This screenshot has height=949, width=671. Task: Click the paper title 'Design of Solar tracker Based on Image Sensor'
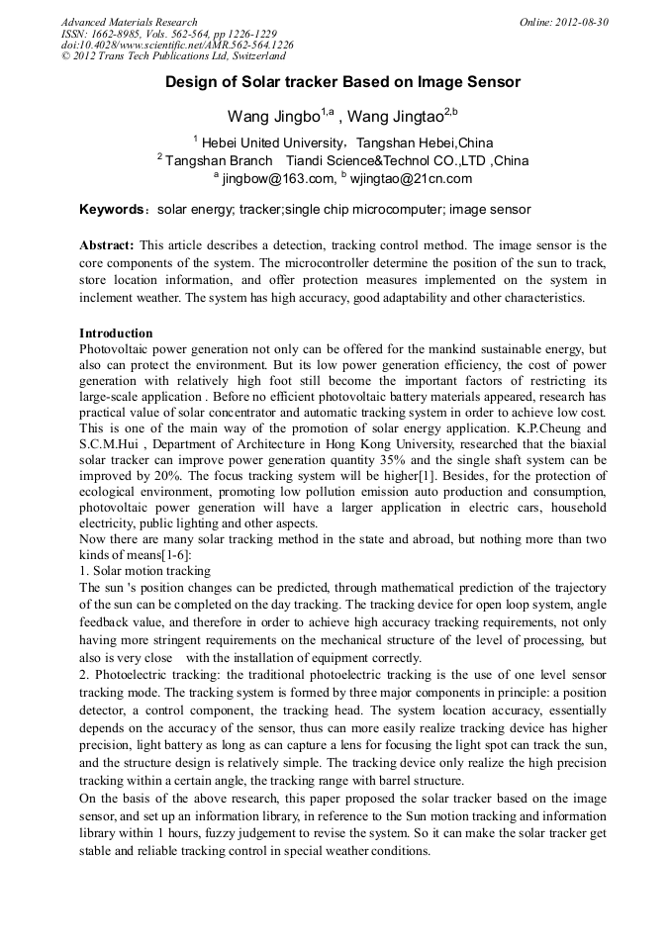point(342,82)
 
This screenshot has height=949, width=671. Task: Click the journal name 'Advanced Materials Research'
point(129,22)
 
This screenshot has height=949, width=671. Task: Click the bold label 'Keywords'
point(112,210)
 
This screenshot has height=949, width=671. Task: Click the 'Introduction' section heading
point(116,333)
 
